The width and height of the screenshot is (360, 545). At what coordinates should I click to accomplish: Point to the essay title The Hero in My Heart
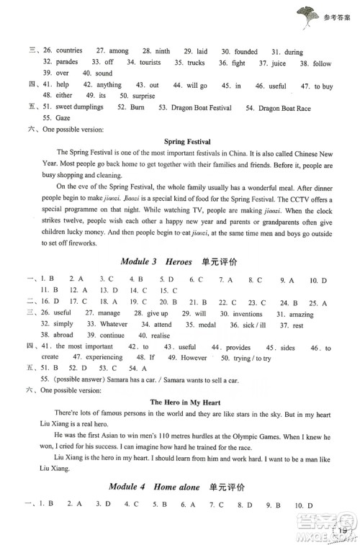tap(186, 402)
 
